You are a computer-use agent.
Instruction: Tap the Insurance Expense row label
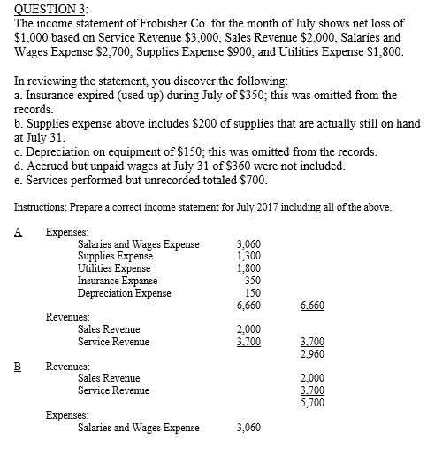pos(118,281)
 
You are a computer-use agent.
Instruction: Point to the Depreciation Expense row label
pos(124,293)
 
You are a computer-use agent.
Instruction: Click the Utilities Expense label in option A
pos(114,268)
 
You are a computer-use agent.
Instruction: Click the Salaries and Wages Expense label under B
pos(139,428)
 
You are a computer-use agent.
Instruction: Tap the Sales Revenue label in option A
pos(110,328)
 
